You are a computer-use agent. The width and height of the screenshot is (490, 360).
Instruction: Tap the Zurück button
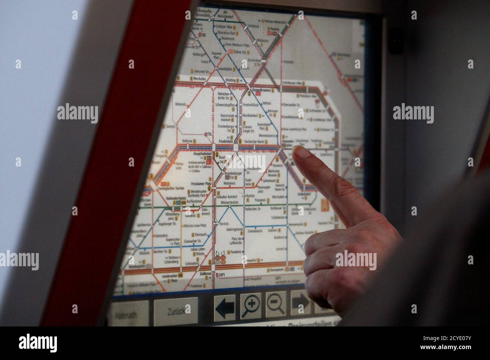click(x=176, y=311)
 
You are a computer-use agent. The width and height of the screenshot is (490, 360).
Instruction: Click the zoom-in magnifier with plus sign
click(x=250, y=305)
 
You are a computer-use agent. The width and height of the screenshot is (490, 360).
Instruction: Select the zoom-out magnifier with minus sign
click(x=276, y=304)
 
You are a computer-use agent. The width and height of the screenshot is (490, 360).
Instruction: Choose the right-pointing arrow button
click(x=300, y=302)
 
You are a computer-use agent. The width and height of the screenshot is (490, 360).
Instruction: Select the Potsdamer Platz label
click(x=201, y=183)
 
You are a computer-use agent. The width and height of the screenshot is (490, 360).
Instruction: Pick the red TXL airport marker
click(x=209, y=134)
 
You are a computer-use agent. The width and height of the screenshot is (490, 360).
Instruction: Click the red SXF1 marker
click(x=221, y=275)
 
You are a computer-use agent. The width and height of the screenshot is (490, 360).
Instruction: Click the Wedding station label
click(x=230, y=80)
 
